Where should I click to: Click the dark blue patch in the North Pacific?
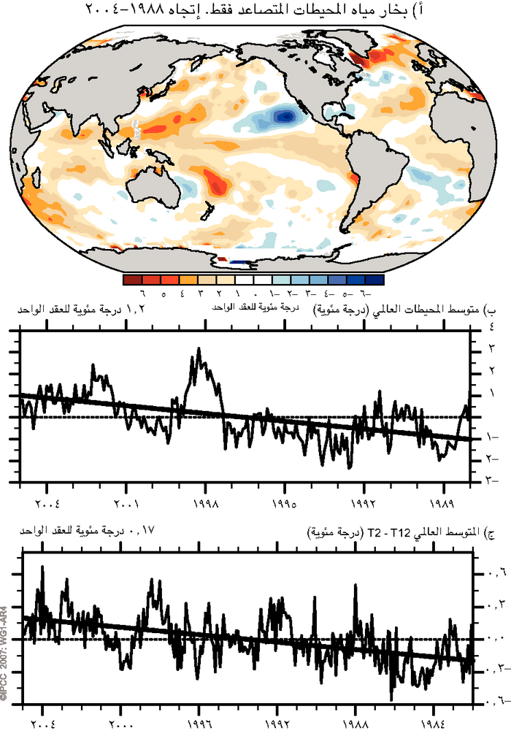[284, 115]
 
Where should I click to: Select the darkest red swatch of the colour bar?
[132, 279]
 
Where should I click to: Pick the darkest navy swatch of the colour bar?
[374, 279]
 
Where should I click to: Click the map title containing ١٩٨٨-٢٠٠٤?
[255, 9]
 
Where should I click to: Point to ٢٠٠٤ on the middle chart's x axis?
[47, 504]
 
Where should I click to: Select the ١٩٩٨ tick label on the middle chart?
[205, 504]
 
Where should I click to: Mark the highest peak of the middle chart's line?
[199, 349]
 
